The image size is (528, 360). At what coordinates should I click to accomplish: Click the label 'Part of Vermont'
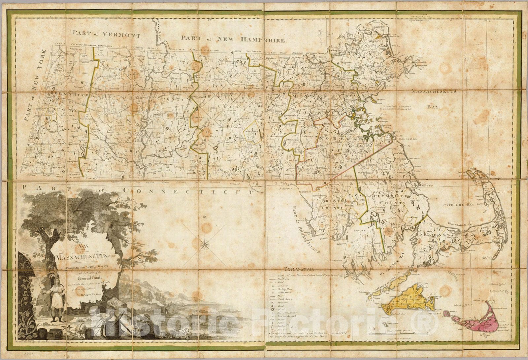107,34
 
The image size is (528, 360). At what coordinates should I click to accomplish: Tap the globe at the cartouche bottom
80,330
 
